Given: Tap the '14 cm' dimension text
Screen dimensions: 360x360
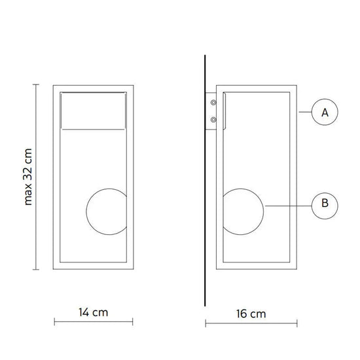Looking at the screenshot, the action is (x=93, y=312).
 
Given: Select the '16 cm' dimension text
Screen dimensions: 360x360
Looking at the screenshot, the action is (x=251, y=314).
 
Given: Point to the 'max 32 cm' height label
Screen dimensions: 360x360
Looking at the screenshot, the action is (x=28, y=177).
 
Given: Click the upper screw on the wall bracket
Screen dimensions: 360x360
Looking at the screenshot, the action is (x=213, y=102).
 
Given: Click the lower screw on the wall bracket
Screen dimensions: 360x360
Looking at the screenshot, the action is (x=213, y=120).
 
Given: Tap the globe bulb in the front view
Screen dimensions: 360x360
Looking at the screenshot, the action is (x=86, y=211).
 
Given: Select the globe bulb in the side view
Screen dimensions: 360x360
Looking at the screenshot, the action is (x=264, y=211).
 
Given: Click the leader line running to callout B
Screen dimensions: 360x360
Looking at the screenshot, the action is (x=289, y=206).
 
